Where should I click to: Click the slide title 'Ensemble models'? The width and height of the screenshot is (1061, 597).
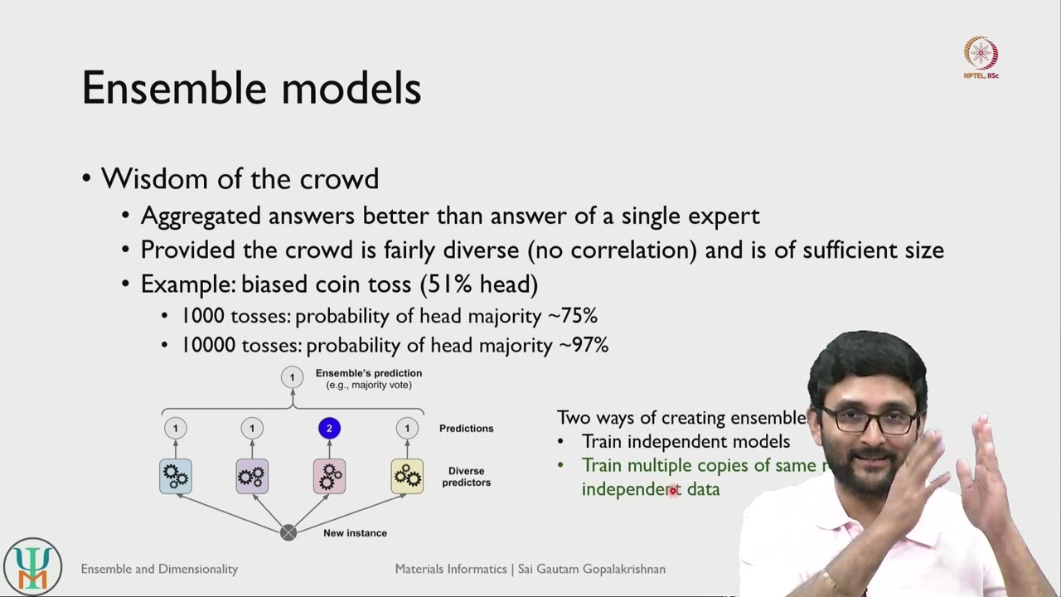(x=251, y=89)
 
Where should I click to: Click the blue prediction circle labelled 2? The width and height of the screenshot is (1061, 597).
(x=329, y=429)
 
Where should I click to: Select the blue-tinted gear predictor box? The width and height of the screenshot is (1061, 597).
(x=176, y=476)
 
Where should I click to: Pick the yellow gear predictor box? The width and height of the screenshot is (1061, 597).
(x=407, y=476)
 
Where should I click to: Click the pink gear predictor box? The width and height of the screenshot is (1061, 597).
(x=329, y=476)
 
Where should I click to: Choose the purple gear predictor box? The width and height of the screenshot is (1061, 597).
(x=252, y=476)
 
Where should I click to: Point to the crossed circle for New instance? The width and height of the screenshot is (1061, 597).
(x=288, y=532)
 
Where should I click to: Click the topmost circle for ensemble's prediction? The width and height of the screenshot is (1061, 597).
(x=291, y=378)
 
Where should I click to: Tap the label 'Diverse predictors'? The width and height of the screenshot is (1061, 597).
(x=466, y=477)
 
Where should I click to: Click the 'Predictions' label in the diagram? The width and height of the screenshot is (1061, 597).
(x=466, y=429)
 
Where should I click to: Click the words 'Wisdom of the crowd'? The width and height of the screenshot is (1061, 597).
(x=240, y=178)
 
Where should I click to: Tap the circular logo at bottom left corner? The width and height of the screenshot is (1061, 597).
(x=32, y=567)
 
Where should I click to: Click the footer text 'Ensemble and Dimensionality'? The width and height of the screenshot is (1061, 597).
(x=159, y=569)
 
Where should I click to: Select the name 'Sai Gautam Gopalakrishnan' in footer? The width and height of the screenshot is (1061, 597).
(x=591, y=569)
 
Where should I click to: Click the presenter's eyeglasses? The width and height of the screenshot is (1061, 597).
(x=866, y=420)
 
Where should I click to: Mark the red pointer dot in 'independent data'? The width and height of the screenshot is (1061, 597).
(x=672, y=491)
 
